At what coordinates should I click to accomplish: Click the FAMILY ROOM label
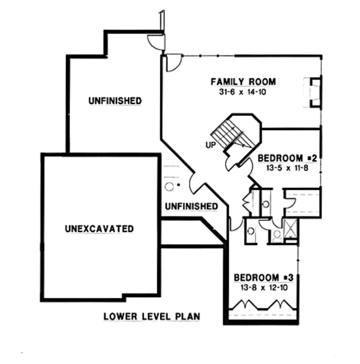click(243, 82)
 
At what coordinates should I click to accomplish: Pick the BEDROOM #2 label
click(286, 159)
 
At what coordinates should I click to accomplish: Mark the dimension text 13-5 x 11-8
click(286, 169)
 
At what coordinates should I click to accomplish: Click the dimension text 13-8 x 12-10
click(264, 288)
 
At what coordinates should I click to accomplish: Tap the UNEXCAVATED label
click(98, 229)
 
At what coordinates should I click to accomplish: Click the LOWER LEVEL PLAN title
click(151, 315)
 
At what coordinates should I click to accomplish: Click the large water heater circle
click(169, 187)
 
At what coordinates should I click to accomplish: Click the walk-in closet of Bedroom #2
click(303, 202)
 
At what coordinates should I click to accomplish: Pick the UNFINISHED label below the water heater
click(191, 207)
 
